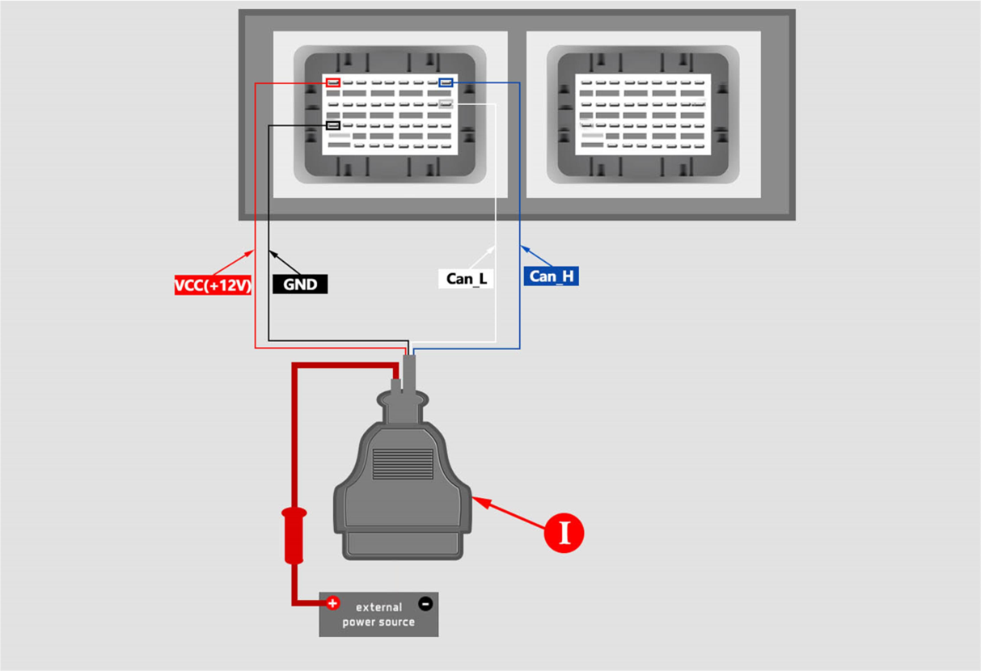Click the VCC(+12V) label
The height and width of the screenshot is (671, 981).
214,285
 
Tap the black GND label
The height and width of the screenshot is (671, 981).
299,285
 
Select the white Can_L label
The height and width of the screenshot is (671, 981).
466,279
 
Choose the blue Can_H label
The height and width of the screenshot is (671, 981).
551,276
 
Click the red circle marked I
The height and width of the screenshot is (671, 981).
564,533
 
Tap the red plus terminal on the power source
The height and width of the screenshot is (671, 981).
332,603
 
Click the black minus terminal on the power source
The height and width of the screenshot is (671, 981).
425,603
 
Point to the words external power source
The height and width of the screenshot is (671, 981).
378,614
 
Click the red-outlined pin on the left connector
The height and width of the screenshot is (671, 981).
333,82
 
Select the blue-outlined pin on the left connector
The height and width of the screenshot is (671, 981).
446,82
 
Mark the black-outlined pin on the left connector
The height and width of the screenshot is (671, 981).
333,125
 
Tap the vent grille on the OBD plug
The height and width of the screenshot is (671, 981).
402,464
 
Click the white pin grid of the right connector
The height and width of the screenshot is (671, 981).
643,114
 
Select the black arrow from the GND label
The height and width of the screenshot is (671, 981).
285,264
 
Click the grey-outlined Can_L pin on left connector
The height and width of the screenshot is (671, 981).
446,103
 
